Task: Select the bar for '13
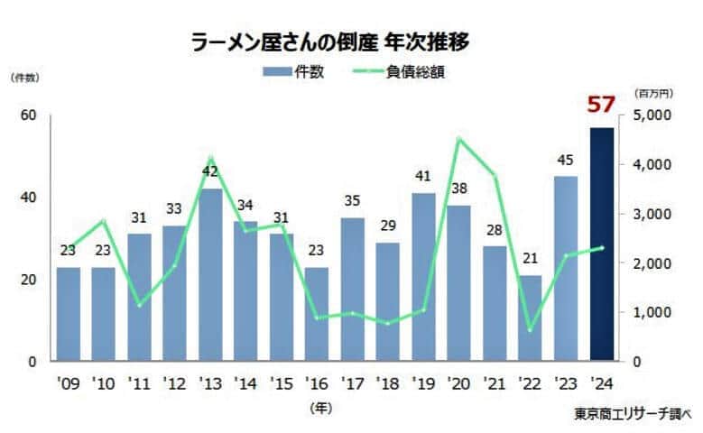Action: click(x=210, y=275)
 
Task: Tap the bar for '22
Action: click(x=530, y=318)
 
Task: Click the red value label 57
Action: click(x=601, y=105)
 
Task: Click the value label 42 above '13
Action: click(x=210, y=171)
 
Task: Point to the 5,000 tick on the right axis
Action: click(x=651, y=115)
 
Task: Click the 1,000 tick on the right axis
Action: click(x=651, y=312)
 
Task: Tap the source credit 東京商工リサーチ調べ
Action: click(x=631, y=415)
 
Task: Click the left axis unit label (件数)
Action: click(x=24, y=78)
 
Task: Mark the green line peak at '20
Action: click(x=458, y=138)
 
